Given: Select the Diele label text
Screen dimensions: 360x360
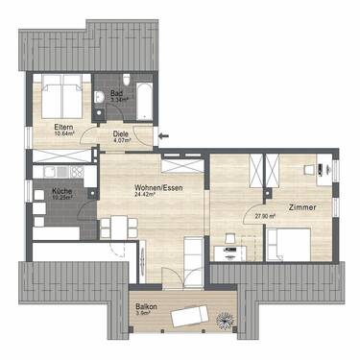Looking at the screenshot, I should coord(121,133).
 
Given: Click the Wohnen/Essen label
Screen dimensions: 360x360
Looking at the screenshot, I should coord(158,187).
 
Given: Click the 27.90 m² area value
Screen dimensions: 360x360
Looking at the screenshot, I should coord(266,216).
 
